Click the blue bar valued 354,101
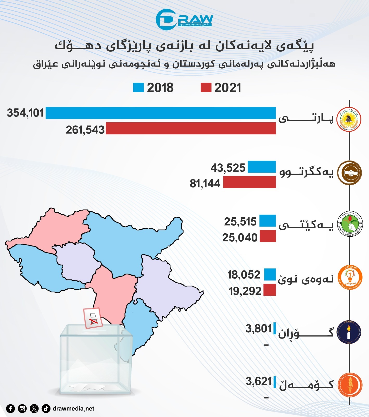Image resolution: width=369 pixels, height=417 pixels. pos(161,113)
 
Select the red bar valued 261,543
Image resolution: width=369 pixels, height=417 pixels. pos(190,128)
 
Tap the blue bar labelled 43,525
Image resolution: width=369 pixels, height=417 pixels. pos(262,167)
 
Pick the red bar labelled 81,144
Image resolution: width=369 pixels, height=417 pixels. pos(249,182)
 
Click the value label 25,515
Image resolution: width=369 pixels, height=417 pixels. pos(240,222)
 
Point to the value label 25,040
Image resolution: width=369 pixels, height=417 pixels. pos(240,238)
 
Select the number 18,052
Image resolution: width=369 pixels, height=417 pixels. pos(244,275)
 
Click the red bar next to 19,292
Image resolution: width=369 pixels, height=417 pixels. pos(270,290)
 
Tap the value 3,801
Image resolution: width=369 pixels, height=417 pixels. pos(259,329)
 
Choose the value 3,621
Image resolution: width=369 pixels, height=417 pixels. pos(259,382)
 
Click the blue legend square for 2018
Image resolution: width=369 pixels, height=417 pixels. pos(138,88)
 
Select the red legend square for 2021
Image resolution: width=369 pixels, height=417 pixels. pos(206,88)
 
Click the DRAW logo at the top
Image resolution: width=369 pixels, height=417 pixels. pos(184,20)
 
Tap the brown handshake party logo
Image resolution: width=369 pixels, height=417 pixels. pos(349,173)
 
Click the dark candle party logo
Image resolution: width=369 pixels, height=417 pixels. pos(349,332)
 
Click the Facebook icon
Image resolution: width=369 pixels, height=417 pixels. pos(10,408)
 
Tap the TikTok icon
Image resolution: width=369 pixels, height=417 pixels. pos(46,408)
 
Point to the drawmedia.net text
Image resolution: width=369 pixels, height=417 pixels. pos(73,408)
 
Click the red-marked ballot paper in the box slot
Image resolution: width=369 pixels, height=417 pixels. pos(93,318)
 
